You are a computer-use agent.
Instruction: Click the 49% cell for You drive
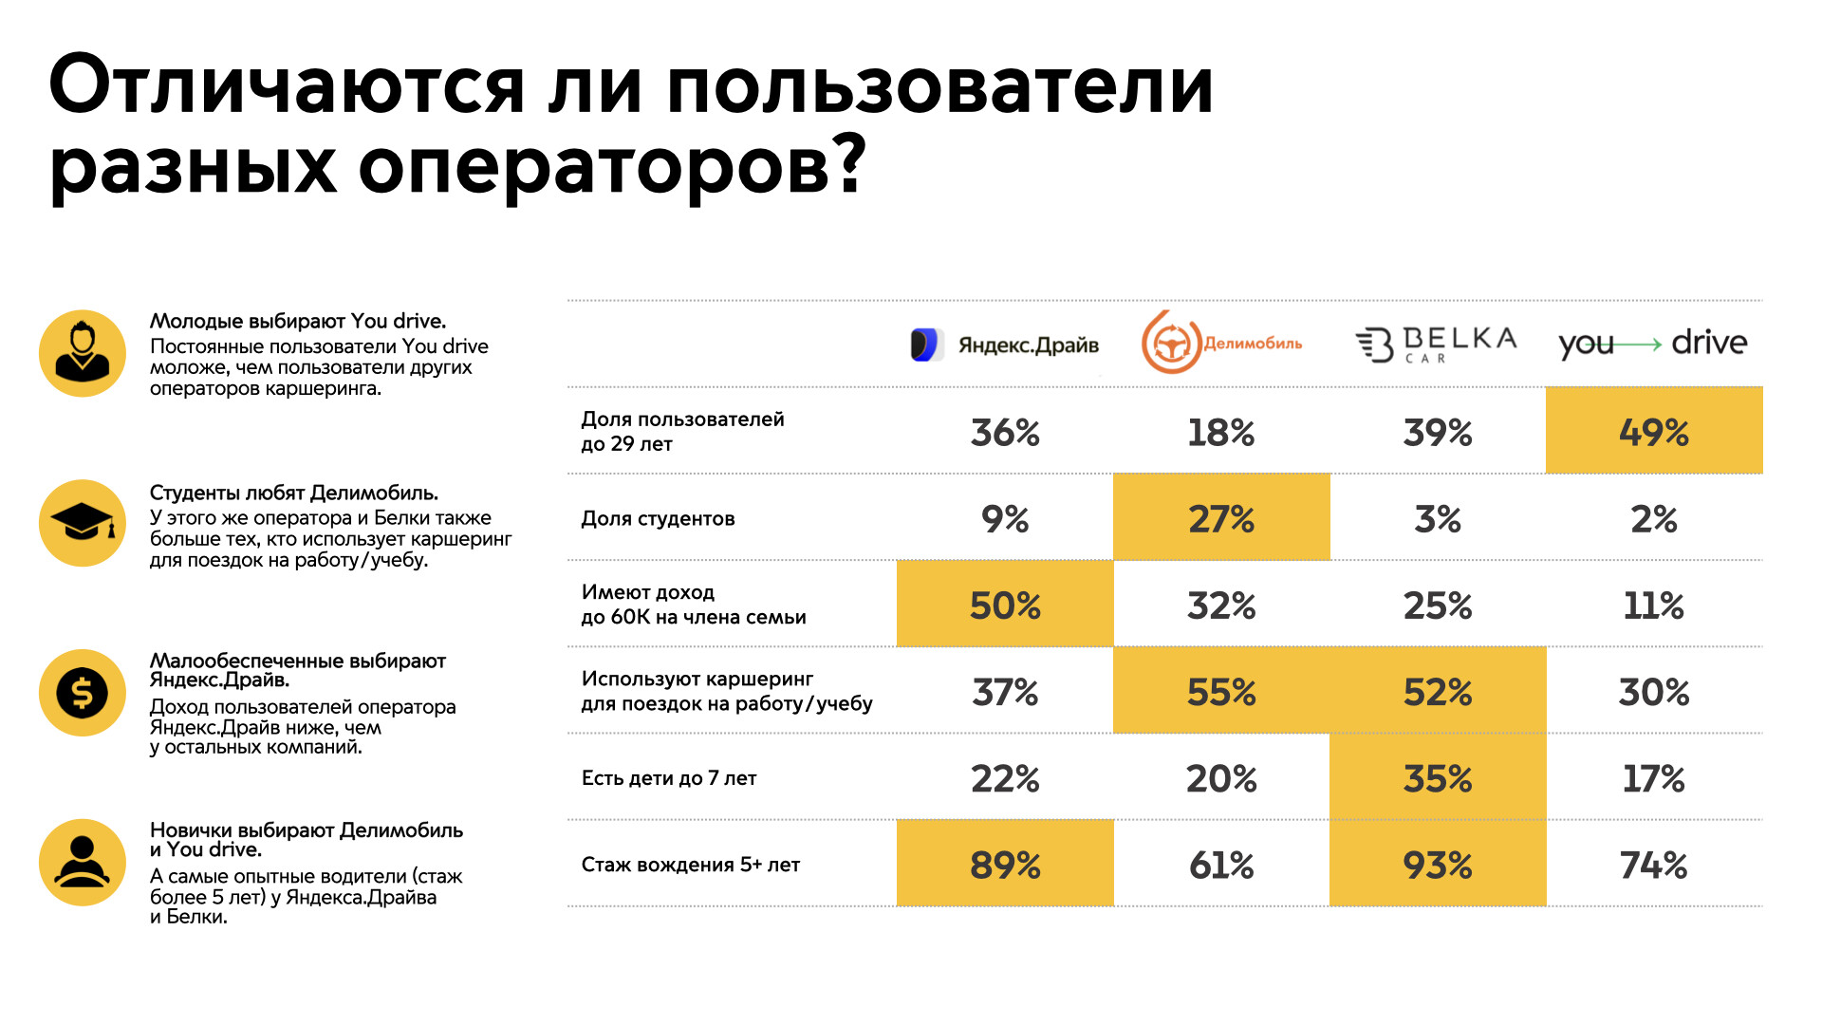(x=1653, y=433)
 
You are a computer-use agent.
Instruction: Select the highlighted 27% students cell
(x=1220, y=519)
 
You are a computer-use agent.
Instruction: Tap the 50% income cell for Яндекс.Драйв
(x=1005, y=606)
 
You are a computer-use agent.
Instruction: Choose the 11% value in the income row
(x=1653, y=606)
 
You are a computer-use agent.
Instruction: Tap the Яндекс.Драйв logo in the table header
(x=1004, y=345)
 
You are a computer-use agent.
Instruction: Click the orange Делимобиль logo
(x=1220, y=343)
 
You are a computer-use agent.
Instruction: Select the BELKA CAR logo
(x=1436, y=344)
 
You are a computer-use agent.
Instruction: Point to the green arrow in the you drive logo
(x=1639, y=345)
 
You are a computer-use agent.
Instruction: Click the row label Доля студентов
(x=658, y=519)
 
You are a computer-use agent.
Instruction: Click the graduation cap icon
(x=83, y=523)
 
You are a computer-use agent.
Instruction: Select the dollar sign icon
(x=83, y=693)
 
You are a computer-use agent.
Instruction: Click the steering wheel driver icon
(x=83, y=863)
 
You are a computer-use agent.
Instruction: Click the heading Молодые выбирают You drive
(x=297, y=322)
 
